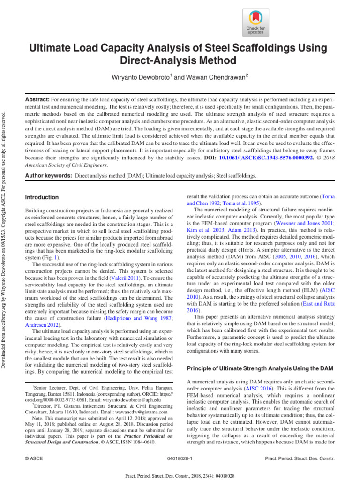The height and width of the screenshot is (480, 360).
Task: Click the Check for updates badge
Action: click(x=255, y=22)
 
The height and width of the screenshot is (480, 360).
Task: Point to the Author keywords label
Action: click(x=47, y=175)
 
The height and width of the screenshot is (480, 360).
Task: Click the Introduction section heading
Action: click(x=42, y=197)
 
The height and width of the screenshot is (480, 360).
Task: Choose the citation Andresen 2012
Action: click(x=42, y=332)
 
